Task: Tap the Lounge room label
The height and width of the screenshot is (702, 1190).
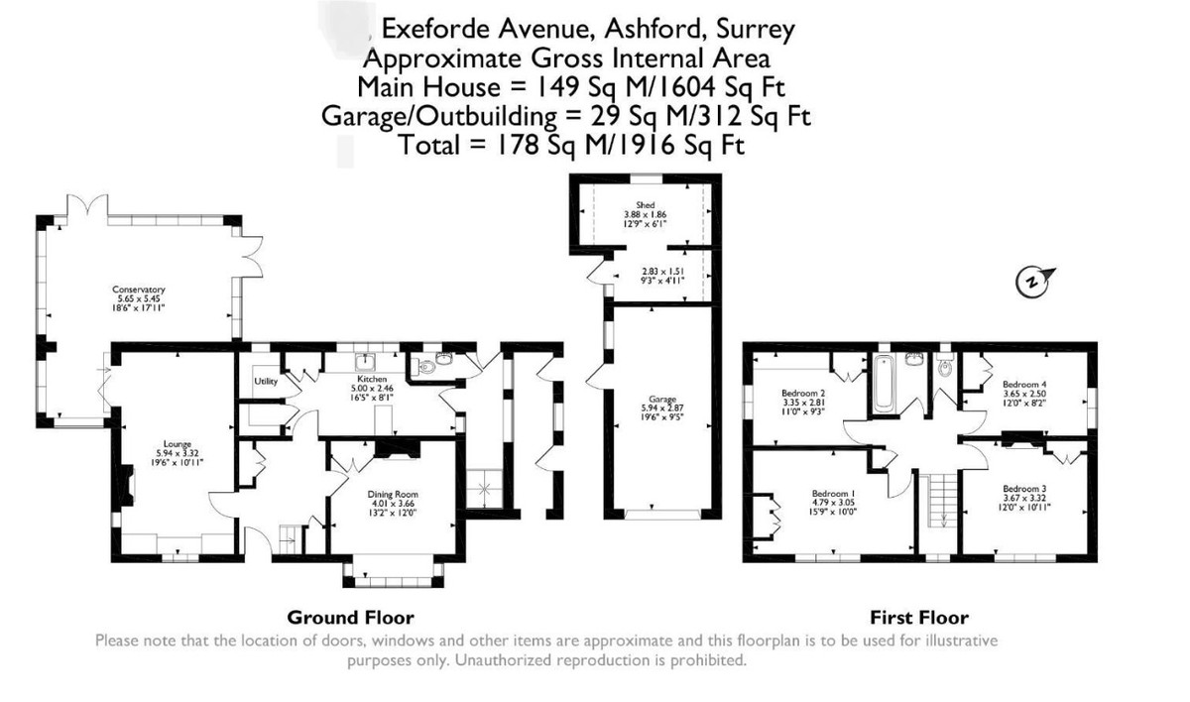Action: [x=178, y=445]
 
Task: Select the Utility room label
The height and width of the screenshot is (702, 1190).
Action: [x=265, y=381]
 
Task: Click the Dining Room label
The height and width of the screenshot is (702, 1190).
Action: [x=393, y=494]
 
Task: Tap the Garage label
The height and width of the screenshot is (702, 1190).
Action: [x=650, y=399]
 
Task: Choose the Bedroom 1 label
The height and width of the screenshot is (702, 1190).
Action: [x=833, y=493]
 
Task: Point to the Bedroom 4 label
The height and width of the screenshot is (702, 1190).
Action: [x=1023, y=385]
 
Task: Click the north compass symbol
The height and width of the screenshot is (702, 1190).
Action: [x=1032, y=283]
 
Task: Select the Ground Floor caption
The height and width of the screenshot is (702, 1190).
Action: [x=350, y=617]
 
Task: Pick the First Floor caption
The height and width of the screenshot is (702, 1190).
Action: [x=919, y=617]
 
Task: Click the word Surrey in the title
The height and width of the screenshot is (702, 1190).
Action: [x=753, y=30]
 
